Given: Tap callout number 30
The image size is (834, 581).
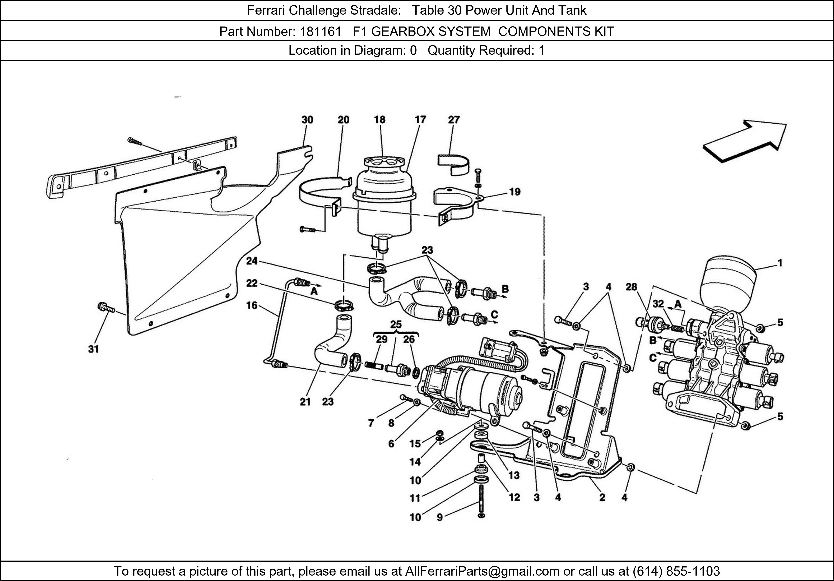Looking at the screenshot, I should pos(307,120).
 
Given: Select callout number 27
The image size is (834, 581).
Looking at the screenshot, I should pos(454,120).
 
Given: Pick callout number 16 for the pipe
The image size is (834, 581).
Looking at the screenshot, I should pos(251,305).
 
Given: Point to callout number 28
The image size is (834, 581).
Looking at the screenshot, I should pos(631,287).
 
